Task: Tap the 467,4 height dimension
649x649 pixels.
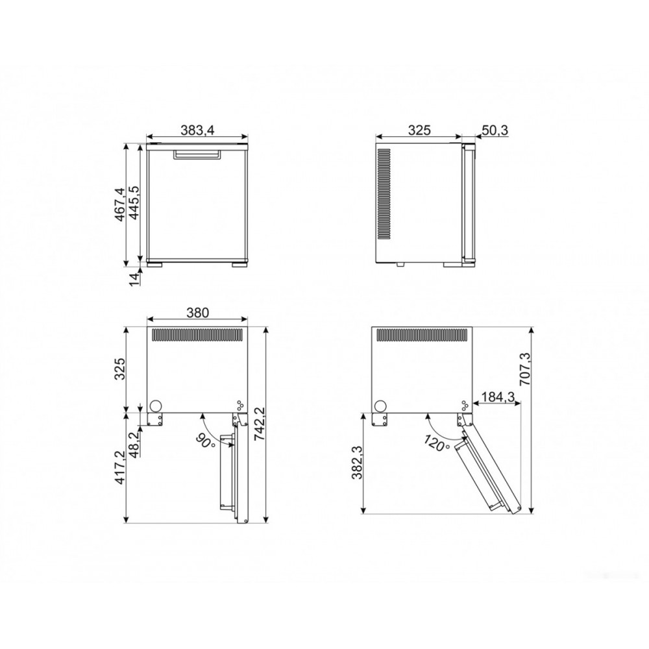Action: coord(119,204)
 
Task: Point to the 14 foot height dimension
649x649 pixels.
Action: coord(133,279)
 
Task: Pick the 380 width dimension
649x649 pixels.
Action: coord(197,313)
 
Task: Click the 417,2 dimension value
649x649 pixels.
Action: coord(119,467)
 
